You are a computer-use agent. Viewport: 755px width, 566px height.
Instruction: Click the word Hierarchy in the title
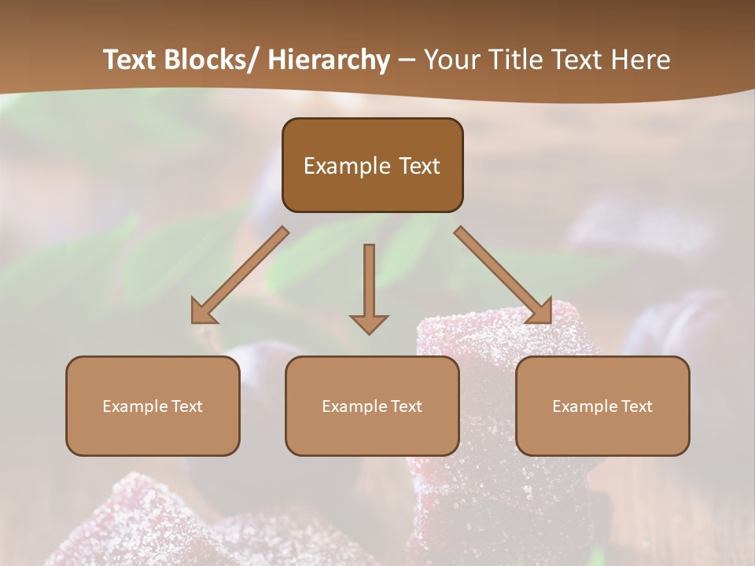tap(329, 60)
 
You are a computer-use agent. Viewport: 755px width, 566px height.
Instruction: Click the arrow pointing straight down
tap(369, 283)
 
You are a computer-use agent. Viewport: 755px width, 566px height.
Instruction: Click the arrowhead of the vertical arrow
tap(369, 323)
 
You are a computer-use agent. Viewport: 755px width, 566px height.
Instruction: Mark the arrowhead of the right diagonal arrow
tap(540, 312)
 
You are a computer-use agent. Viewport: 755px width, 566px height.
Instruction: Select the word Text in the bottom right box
tap(636, 406)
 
